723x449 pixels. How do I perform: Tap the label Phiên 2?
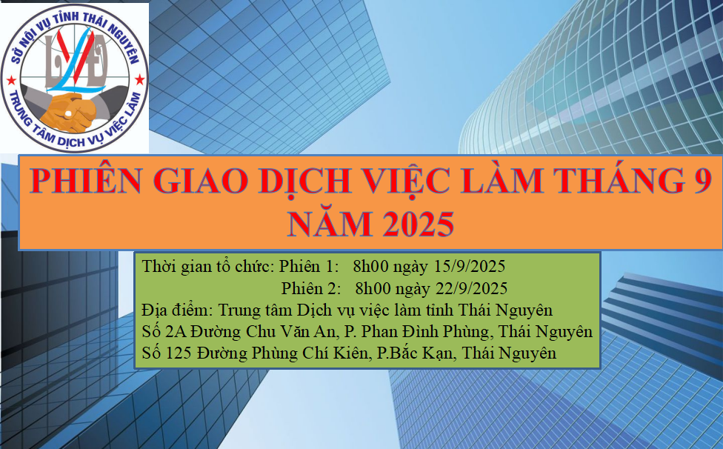click(x=311, y=287)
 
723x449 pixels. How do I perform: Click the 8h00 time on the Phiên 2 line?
click(x=375, y=287)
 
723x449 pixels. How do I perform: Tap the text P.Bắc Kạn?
click(x=414, y=353)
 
